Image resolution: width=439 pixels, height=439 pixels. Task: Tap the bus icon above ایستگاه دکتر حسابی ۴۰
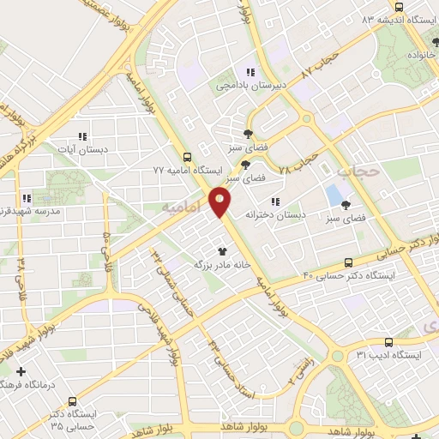click(348, 262)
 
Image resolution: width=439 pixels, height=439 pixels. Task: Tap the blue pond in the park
click(333, 195)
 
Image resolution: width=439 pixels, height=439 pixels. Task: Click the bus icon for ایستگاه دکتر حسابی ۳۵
click(72, 400)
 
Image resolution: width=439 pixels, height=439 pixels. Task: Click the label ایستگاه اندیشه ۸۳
click(400, 19)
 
